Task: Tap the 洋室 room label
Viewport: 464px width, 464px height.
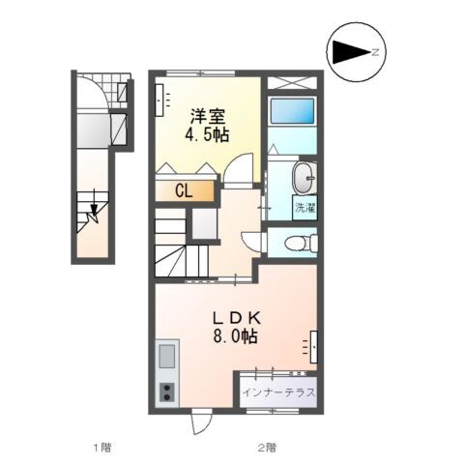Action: pos(207,114)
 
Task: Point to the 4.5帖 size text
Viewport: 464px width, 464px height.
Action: pos(207,135)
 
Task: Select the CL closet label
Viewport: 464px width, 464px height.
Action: pos(182,190)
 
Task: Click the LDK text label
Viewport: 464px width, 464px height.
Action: pos(237,318)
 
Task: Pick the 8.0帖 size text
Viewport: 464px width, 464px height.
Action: pos(237,337)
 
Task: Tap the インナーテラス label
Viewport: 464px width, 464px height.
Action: pos(280,393)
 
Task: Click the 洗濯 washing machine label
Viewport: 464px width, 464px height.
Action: pos(304,208)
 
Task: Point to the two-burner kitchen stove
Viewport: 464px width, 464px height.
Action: pos(165,392)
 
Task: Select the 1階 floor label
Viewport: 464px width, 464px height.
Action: pos(101,447)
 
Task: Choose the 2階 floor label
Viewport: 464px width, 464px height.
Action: pos(267,447)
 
